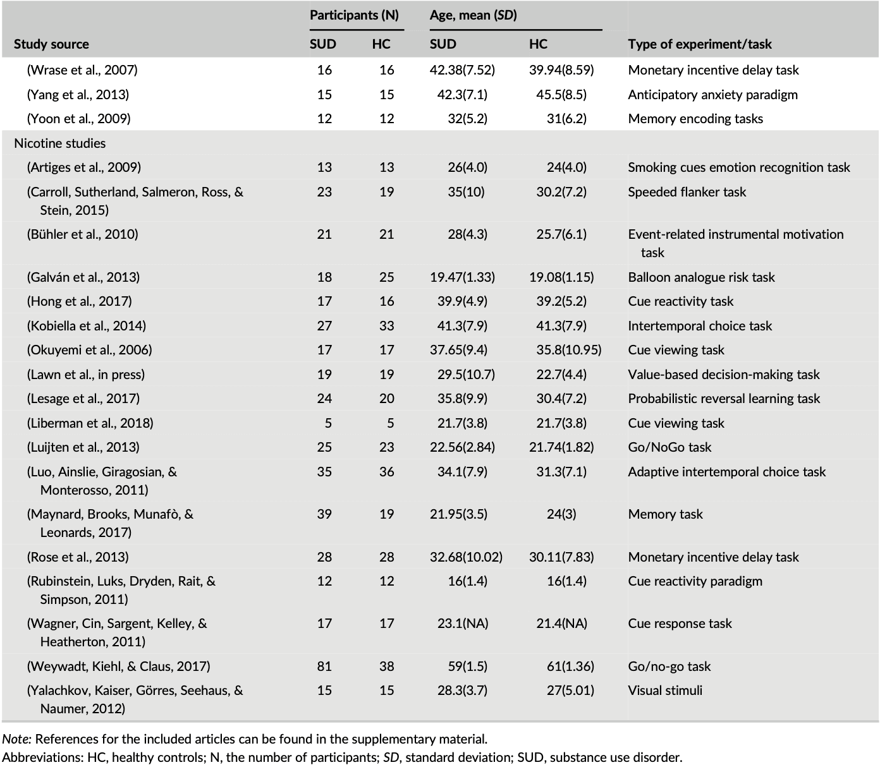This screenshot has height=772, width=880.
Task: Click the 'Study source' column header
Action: tap(51, 44)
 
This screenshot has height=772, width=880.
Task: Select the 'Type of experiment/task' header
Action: tap(700, 44)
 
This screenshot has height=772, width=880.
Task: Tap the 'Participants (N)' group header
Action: tap(354, 15)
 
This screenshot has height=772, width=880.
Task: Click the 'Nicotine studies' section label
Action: tap(60, 143)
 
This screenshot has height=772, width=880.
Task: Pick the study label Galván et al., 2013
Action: tap(83, 277)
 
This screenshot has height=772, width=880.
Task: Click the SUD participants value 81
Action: tap(324, 666)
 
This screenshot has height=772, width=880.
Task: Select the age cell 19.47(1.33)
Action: tap(462, 277)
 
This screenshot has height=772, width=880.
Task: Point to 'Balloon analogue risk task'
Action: tap(701, 277)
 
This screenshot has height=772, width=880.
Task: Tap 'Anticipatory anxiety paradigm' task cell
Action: tap(712, 95)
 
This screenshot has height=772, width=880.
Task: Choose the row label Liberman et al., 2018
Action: tap(90, 423)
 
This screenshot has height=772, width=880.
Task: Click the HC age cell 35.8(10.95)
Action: tap(565, 350)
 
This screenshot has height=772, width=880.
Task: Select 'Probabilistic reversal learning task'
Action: tap(724, 399)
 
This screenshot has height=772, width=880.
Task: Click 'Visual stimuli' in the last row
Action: tap(665, 691)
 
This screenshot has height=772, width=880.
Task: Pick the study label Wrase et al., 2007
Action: tap(82, 70)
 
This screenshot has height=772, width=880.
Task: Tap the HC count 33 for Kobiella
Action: tap(386, 326)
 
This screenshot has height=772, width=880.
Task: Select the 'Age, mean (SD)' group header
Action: tap(474, 15)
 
